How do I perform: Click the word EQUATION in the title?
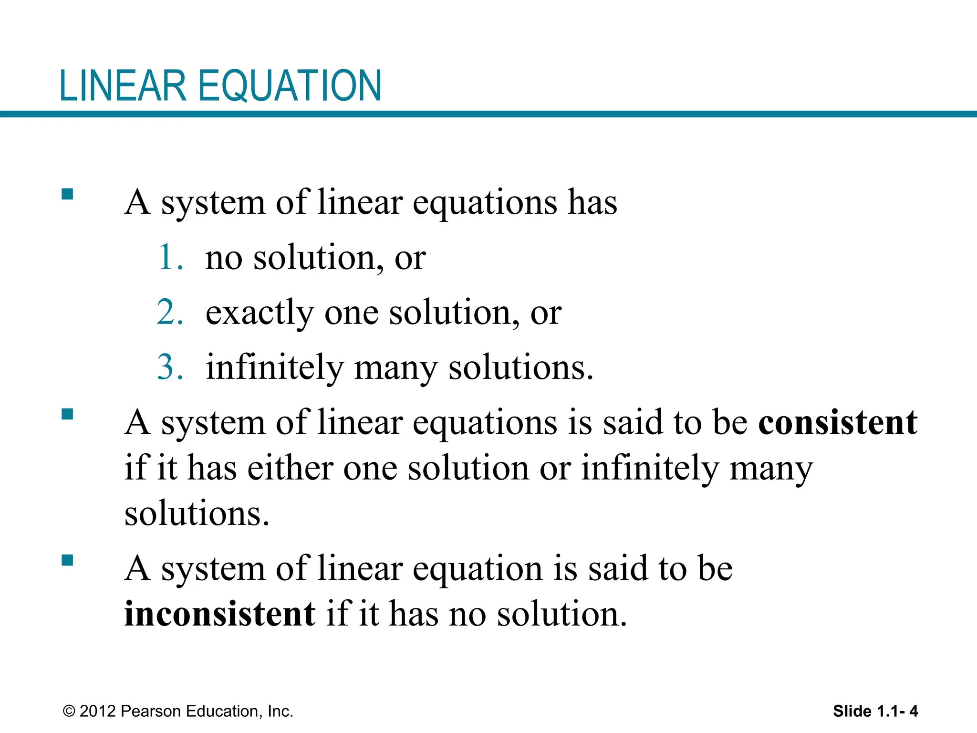290,86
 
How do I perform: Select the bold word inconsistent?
219,614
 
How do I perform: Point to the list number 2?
169,313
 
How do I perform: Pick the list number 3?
169,367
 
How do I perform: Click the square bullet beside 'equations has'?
67,194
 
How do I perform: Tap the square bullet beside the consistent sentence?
67,414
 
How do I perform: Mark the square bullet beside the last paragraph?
67,560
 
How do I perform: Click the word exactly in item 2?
260,314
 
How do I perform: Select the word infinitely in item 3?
274,368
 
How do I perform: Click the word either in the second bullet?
290,468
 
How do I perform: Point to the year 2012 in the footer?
98,711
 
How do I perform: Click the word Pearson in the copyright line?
151,711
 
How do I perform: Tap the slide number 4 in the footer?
913,711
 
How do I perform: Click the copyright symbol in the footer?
69,712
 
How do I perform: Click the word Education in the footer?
222,711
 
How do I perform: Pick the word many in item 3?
395,368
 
